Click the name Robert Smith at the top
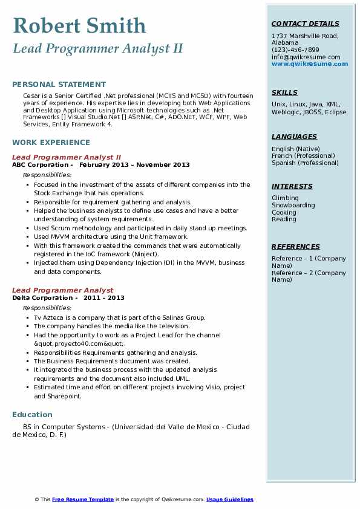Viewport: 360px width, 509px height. pyautogui.click(x=79, y=25)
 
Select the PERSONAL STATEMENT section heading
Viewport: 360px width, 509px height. pyautogui.click(x=59, y=85)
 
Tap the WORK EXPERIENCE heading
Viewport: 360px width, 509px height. pyautogui.click(x=51, y=143)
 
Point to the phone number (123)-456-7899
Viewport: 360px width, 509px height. pyautogui.click(x=295, y=50)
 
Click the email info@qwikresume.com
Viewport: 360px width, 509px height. pyautogui.click(x=306, y=57)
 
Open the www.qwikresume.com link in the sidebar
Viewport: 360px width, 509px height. pyautogui.click(x=306, y=63)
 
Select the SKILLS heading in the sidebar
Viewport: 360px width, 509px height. pyautogui.click(x=284, y=92)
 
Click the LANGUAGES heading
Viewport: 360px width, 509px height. pyautogui.click(x=294, y=137)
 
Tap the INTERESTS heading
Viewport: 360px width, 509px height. pyautogui.click(x=292, y=186)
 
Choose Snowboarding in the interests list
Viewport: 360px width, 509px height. pyautogui.click(x=293, y=206)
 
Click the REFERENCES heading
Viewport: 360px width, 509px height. pyautogui.click(x=296, y=247)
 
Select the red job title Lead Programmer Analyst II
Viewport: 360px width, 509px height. pyautogui.click(x=67, y=157)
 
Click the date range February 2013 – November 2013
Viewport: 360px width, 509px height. pyautogui.click(x=134, y=164)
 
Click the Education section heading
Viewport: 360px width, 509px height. pyautogui.click(x=32, y=415)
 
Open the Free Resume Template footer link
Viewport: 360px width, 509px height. pyautogui.click(x=83, y=499)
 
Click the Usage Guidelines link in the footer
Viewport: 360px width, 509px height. pyautogui.click(x=229, y=499)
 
